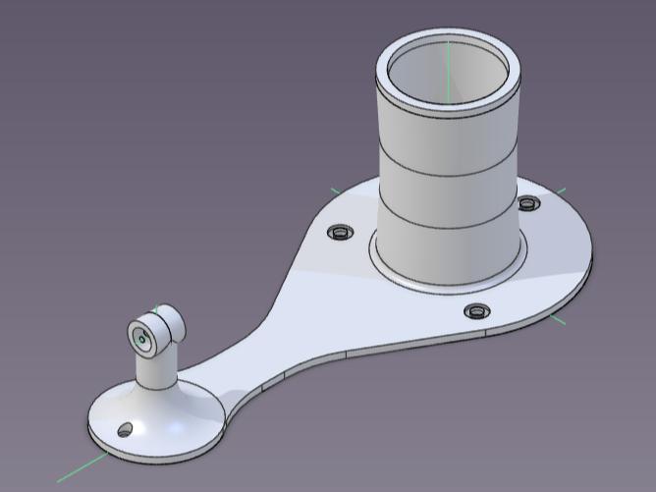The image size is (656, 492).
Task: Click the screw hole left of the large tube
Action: (x=341, y=232)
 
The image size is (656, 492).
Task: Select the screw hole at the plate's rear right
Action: (x=528, y=203)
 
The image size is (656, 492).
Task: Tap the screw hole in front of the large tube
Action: (x=477, y=311)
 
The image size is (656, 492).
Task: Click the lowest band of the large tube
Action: (x=447, y=246)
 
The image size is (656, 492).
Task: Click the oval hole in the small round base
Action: (x=125, y=430)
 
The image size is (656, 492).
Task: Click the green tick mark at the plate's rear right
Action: (x=561, y=191)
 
